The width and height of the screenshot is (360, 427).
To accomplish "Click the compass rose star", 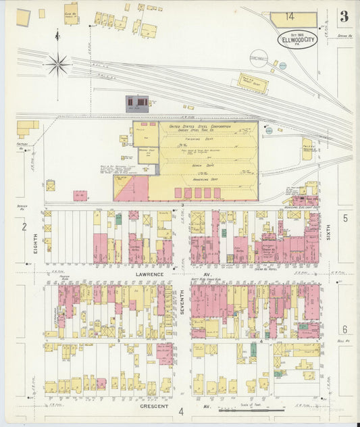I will click(57, 65).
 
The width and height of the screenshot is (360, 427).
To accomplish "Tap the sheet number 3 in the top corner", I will click(344, 17).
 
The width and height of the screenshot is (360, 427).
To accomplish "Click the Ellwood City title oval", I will click(297, 40).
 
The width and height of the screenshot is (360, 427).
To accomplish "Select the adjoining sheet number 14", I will click(289, 16).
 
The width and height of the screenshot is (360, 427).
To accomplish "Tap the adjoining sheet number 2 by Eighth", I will click(24, 227).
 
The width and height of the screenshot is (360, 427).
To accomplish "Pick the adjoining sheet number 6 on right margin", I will click(344, 329).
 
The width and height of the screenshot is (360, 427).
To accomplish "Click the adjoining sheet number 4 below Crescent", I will click(181, 411).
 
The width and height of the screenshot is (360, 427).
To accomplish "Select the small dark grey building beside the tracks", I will click(138, 102).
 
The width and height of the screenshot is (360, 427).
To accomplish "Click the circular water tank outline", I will click(259, 59).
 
